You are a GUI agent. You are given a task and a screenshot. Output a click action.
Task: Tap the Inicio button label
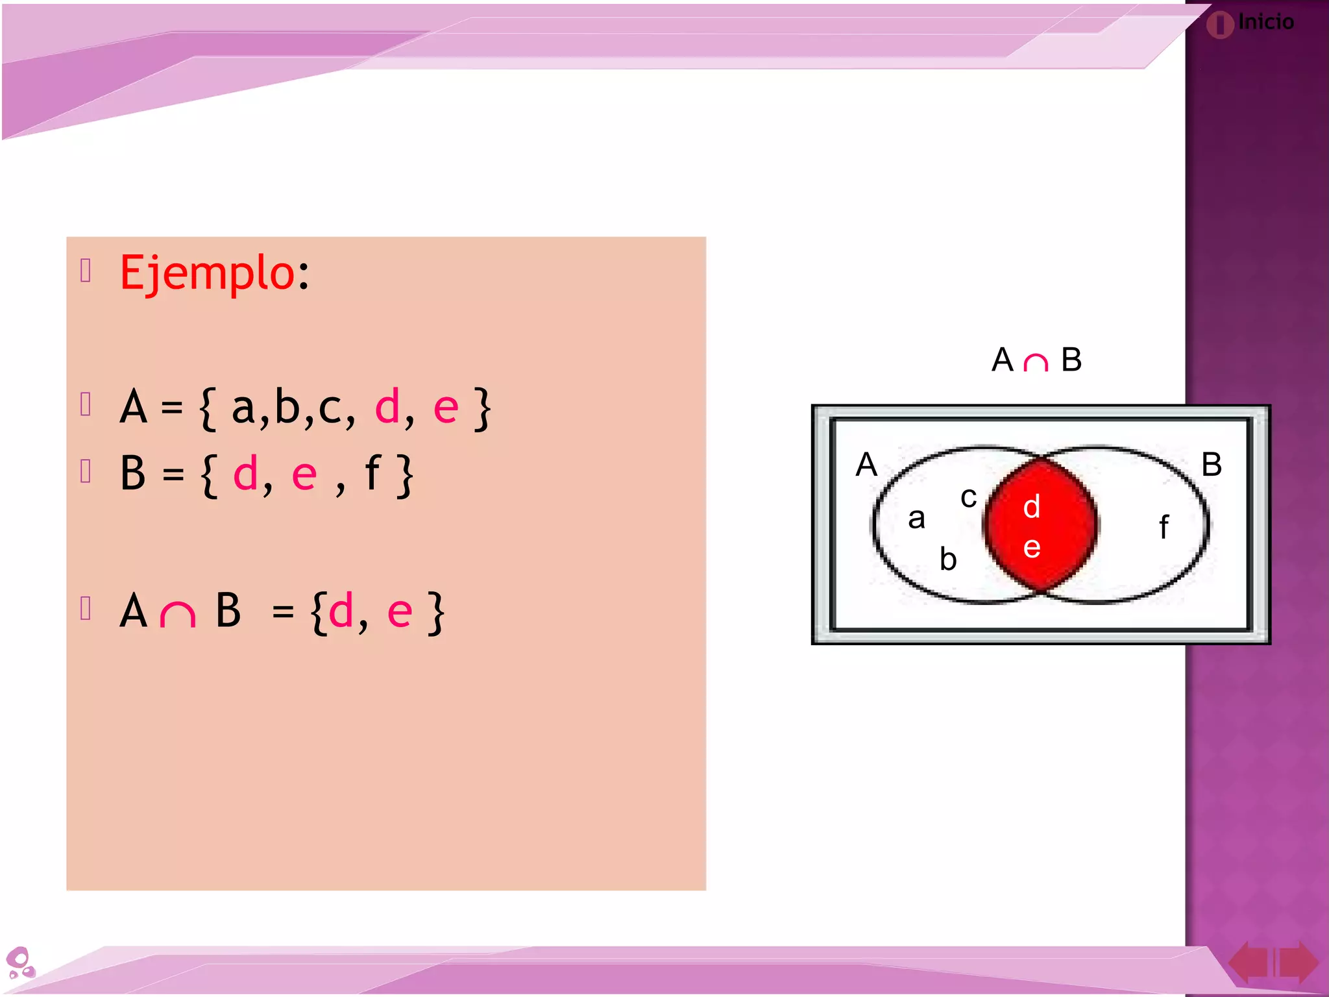click(1265, 22)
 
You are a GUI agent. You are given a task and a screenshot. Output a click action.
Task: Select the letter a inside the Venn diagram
click(916, 518)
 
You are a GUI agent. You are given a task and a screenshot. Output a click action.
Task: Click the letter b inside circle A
click(948, 558)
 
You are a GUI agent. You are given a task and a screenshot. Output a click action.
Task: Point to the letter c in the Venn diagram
click(968, 498)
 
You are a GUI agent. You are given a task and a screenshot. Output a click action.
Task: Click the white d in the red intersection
click(1032, 506)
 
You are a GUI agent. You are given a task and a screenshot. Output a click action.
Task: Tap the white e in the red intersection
click(1032, 547)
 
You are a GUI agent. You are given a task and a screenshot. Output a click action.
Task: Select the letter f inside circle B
click(1164, 526)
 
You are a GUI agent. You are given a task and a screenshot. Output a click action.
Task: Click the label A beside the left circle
click(866, 465)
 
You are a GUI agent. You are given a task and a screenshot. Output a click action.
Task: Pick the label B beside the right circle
click(1211, 465)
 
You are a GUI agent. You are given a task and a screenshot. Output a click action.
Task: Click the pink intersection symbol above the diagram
click(1036, 362)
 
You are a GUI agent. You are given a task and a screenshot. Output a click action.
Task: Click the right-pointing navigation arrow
click(1299, 962)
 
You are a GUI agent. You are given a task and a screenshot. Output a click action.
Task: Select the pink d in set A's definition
click(387, 408)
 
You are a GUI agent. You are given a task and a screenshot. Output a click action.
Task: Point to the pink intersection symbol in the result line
click(177, 613)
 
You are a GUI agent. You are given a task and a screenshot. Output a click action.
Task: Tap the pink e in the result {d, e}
click(399, 611)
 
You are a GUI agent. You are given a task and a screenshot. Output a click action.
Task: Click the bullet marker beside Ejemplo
click(86, 270)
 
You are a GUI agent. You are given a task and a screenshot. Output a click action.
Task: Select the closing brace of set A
click(482, 409)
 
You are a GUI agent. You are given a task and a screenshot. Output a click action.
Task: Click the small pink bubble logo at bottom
click(20, 962)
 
